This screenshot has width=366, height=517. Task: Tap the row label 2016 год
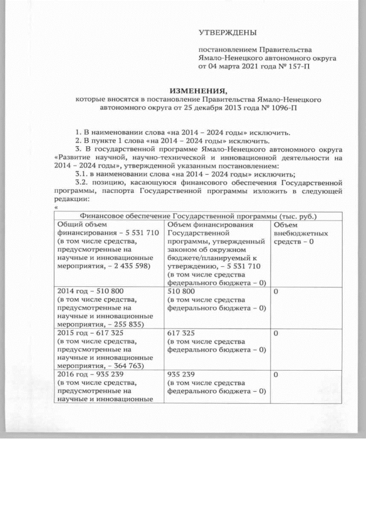click(x=71, y=374)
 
